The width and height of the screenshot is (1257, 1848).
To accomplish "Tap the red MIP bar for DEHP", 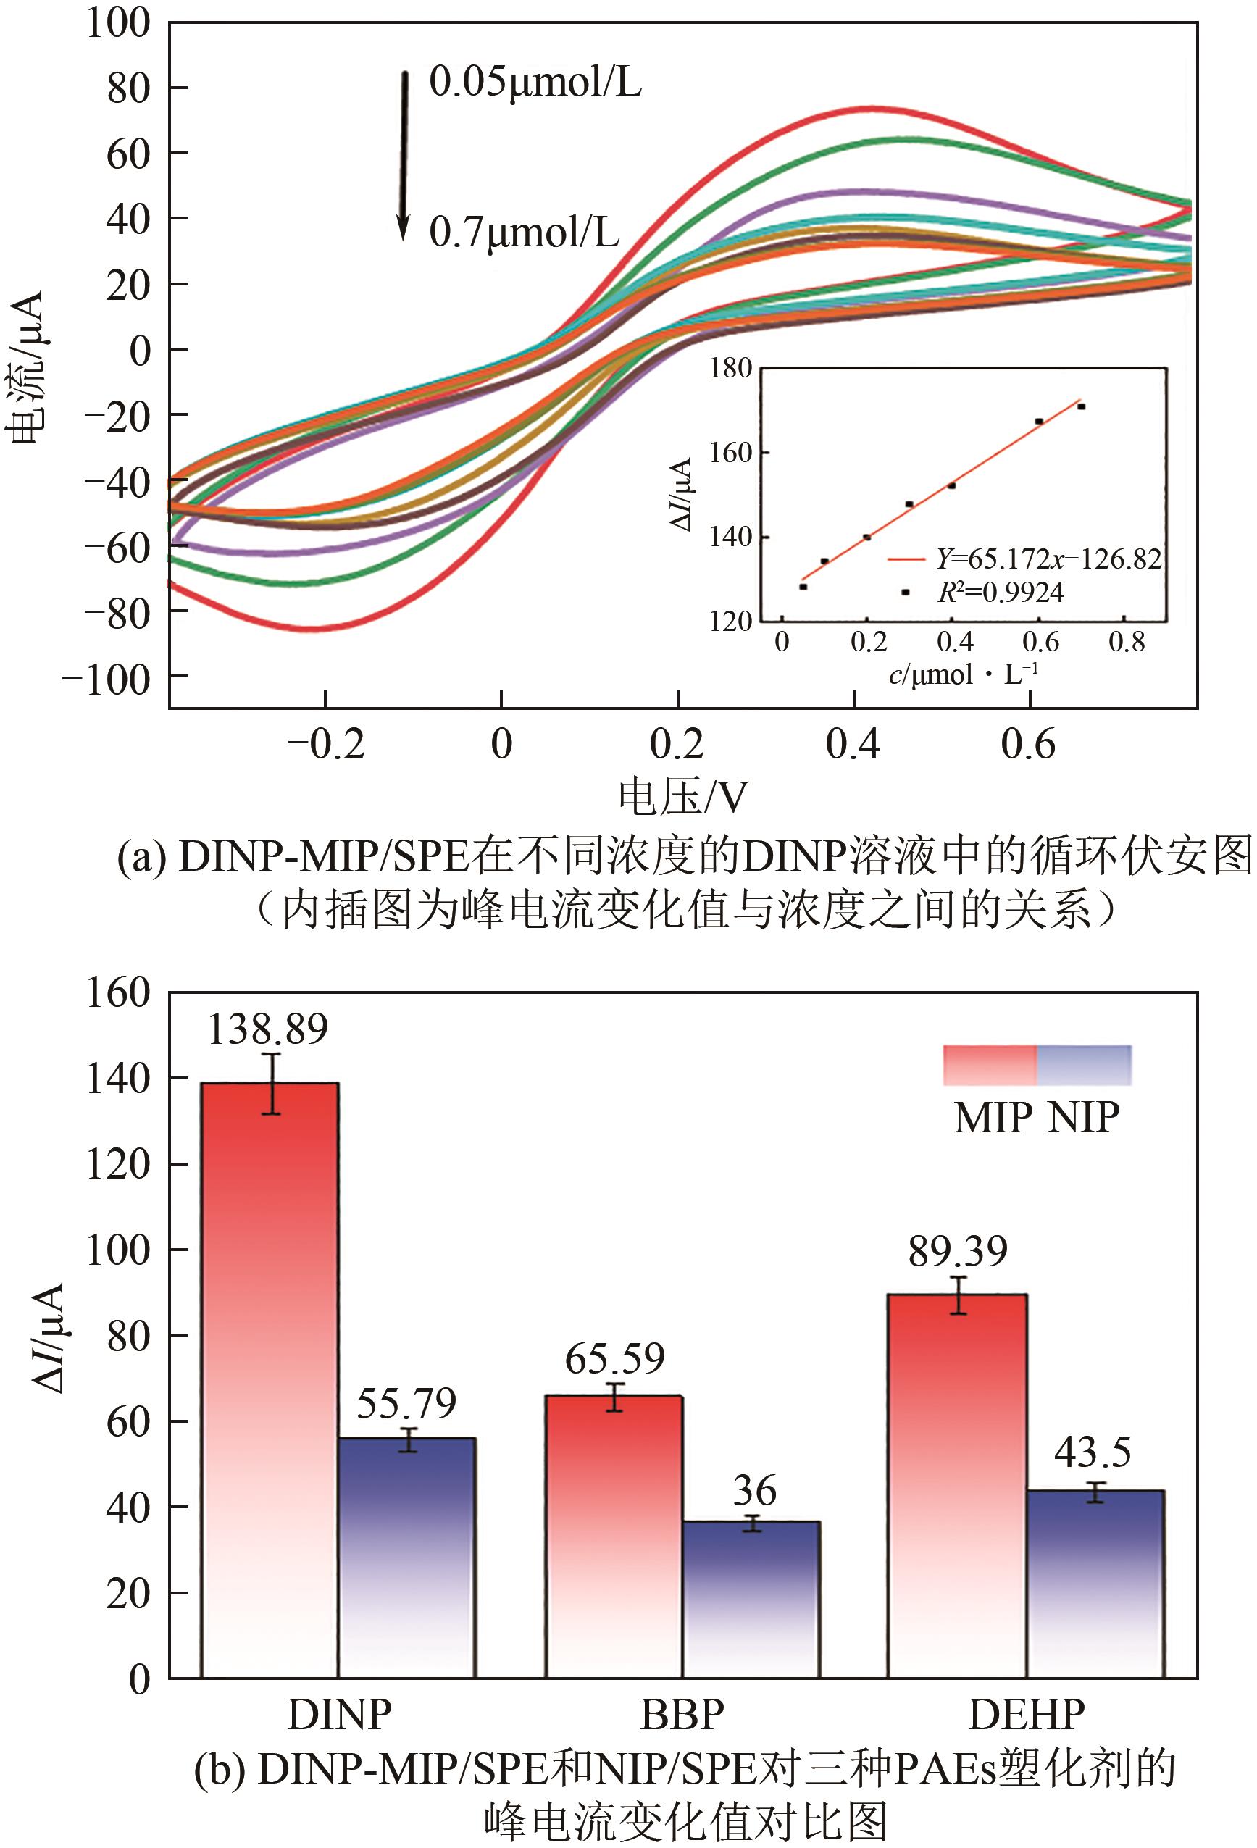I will pyautogui.click(x=956, y=1487).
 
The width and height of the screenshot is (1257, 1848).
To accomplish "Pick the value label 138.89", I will pyautogui.click(x=267, y=1029).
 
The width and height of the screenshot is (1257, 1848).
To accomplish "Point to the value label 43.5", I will pyautogui.click(x=1093, y=1452).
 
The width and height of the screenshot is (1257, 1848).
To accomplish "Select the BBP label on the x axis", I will pyautogui.click(x=682, y=1715).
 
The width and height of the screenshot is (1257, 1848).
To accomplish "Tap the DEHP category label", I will pyautogui.click(x=1027, y=1715).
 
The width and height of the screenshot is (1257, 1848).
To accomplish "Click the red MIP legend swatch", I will pyautogui.click(x=989, y=1065).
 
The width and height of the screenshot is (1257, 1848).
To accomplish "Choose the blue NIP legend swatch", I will pyautogui.click(x=1084, y=1065).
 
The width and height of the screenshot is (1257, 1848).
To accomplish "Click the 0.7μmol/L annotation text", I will pyautogui.click(x=524, y=233).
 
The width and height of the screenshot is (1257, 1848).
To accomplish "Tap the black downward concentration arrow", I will pyautogui.click(x=404, y=155).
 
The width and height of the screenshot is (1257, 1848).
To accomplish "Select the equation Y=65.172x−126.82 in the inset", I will pyautogui.click(x=1048, y=559).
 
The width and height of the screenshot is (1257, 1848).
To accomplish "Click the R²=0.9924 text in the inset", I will pyautogui.click(x=1001, y=593).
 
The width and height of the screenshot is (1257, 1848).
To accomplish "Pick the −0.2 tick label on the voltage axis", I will pyautogui.click(x=326, y=744).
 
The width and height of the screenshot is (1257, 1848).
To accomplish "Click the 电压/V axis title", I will pyautogui.click(x=683, y=797).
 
